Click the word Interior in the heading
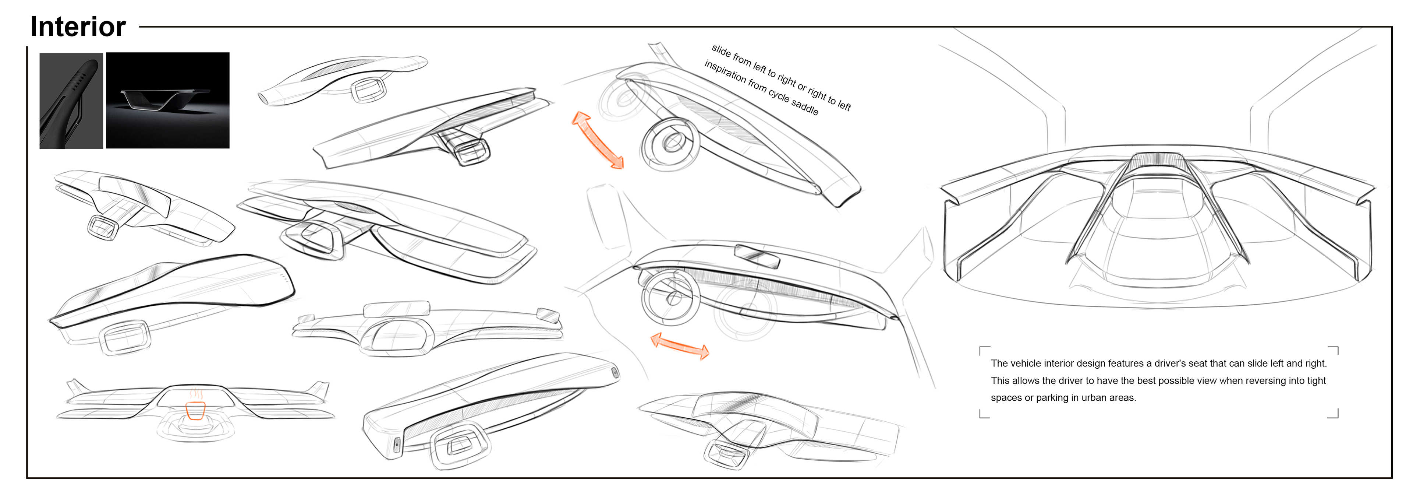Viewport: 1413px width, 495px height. click(78, 27)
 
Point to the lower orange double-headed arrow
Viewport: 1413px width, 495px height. click(680, 346)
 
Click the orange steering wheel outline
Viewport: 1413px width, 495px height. click(196, 410)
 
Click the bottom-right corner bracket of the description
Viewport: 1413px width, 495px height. click(1334, 414)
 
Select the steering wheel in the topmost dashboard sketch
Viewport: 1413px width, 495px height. click(368, 90)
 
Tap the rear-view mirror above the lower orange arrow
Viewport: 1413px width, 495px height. click(757, 256)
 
